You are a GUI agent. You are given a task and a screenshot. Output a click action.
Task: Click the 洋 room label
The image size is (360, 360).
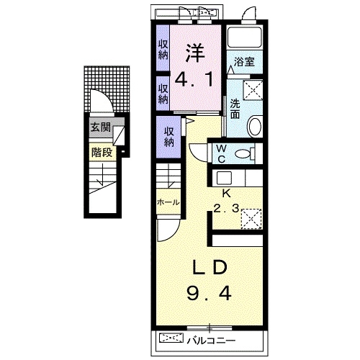(194, 53)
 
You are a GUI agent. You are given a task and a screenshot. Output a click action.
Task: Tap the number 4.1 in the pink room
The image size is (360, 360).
(194, 79)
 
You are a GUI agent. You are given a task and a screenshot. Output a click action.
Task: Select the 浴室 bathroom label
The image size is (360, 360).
(244, 62)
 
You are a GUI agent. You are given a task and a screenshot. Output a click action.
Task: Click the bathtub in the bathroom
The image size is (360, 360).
(244, 37)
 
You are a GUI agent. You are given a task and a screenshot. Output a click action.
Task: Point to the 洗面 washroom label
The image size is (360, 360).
(235, 109)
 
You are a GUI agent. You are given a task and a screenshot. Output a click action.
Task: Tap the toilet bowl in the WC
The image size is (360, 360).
(243, 153)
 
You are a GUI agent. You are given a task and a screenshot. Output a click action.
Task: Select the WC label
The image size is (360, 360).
(221, 154)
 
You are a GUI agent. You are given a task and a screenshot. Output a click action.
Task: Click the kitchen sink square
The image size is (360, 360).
(224, 178)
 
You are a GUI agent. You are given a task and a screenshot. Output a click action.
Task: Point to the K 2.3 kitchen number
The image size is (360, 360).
(226, 208)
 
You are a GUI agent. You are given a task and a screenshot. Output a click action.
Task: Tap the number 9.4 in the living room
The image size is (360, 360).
(209, 293)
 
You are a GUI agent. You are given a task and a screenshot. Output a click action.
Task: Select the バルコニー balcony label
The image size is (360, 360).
(212, 341)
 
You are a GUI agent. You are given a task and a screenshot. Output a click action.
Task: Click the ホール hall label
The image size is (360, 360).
(168, 202)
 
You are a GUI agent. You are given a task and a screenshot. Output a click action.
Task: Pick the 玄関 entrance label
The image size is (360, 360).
(101, 127)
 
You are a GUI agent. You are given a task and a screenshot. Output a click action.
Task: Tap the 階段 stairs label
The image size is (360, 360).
(102, 152)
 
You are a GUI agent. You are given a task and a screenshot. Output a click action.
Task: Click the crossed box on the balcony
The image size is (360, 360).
(171, 338)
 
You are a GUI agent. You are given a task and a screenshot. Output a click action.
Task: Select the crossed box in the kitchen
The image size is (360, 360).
(251, 219)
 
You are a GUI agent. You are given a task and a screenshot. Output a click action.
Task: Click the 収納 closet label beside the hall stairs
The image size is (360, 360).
(169, 137)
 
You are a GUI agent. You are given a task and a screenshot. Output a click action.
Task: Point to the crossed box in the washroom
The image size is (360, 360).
(253, 89)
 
